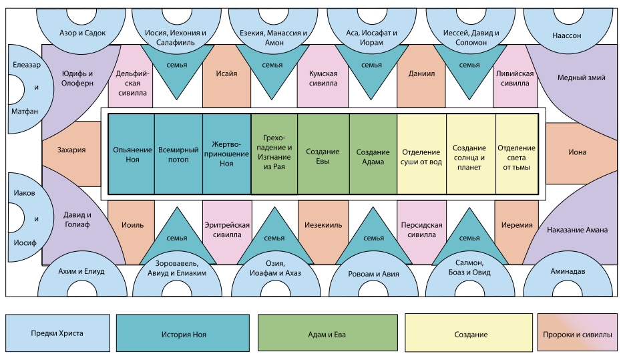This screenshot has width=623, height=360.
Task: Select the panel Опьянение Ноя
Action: (132, 154)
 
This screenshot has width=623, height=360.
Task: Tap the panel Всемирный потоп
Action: (178, 154)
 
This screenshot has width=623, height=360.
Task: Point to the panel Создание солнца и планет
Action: (469, 154)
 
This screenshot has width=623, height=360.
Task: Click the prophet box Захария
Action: (71, 150)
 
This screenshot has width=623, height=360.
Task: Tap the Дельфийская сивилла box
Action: (131, 79)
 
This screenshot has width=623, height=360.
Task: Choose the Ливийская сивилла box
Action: (515, 79)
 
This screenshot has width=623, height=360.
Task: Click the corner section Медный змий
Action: (581, 77)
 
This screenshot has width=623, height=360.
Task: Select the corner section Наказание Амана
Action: (577, 230)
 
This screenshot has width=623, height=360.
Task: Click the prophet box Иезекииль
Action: (324, 225)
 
